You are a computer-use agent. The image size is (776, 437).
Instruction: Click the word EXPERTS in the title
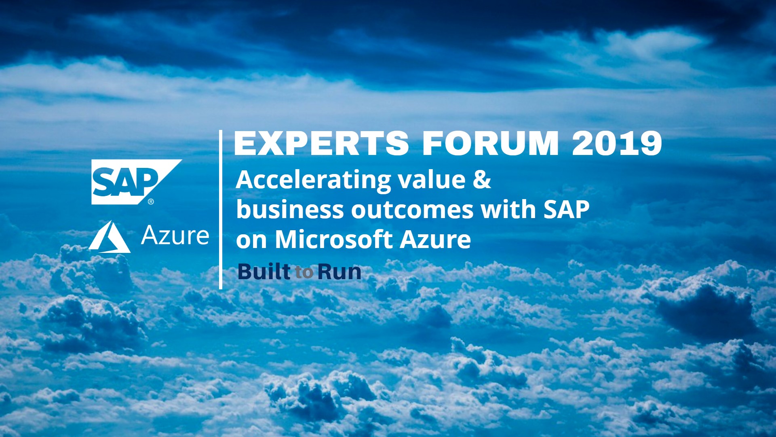322,143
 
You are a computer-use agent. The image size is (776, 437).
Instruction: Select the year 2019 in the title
617,143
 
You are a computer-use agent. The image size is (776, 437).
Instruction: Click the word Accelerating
313,180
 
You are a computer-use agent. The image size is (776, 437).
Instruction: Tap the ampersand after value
482,180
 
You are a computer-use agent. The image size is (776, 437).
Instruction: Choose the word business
290,209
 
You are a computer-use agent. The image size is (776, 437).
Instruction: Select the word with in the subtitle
508,209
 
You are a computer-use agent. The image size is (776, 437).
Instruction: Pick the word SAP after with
566,210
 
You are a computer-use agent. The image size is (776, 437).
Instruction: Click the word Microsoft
333,239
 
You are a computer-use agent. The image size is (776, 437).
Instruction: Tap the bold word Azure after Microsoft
435,240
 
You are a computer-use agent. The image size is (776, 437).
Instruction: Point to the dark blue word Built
264,271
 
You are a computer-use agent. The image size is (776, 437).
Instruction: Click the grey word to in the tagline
304,272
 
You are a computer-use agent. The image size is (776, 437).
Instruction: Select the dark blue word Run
339,272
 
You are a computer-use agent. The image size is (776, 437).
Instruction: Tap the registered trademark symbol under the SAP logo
151,202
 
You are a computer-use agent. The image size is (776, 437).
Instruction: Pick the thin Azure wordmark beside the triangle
175,235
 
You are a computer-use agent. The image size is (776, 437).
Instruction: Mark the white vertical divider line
221,210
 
